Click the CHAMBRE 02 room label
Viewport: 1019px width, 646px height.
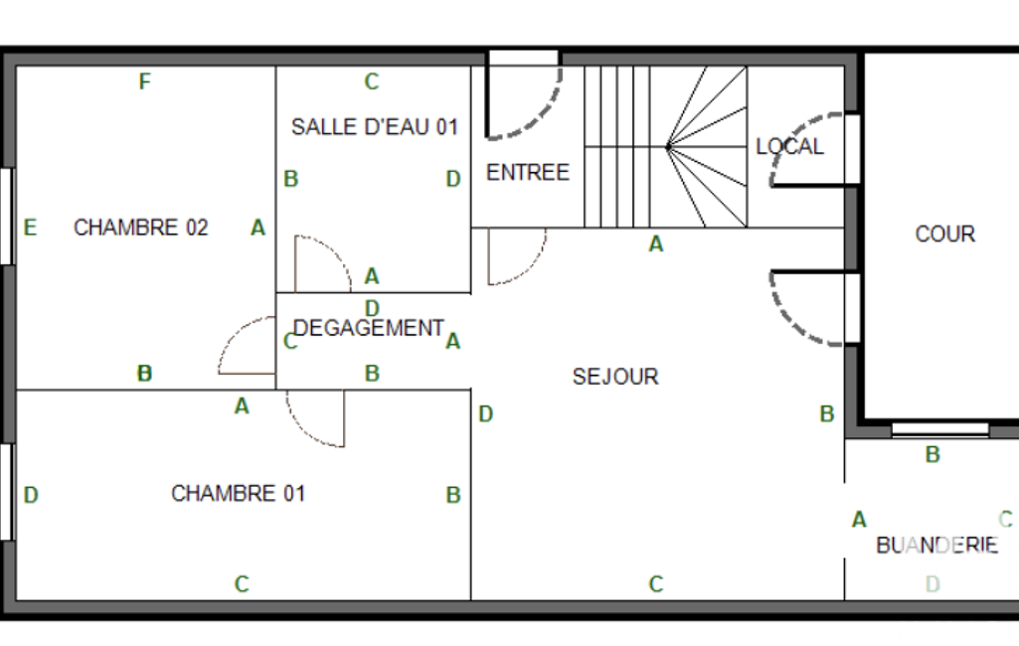(140, 228)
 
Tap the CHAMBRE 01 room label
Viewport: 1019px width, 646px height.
(238, 493)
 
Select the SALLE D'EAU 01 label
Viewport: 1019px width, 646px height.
(375, 127)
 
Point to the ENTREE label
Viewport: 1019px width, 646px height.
(528, 172)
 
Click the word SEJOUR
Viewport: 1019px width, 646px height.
(615, 377)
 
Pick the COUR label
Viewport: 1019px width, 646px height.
(944, 234)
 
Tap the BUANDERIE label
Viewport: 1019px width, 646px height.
(936, 545)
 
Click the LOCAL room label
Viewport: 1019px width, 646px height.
(789, 146)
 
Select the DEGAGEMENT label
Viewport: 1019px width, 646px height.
(369, 328)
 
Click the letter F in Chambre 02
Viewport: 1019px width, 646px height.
(144, 81)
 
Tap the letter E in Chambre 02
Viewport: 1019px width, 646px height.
(30, 228)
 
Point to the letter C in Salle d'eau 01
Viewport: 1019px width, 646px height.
(371, 81)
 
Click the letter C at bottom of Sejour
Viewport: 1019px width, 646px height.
(656, 584)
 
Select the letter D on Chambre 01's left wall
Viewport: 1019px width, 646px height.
(31, 495)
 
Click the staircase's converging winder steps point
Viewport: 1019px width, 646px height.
(668, 147)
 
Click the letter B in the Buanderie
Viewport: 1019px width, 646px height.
(933, 455)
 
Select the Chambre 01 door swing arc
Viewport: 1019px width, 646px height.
(304, 430)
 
